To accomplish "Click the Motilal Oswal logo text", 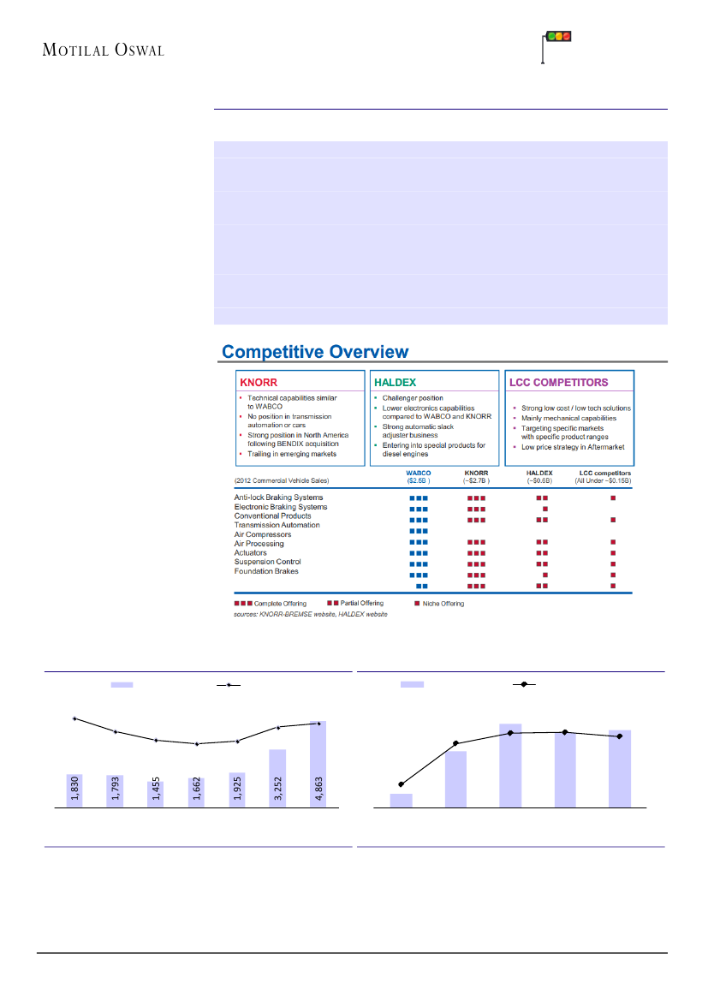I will pyautogui.click(x=103, y=50).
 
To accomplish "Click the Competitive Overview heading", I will pyautogui.click(x=315, y=351).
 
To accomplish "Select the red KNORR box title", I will pyautogui.click(x=261, y=383).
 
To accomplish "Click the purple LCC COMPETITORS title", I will pyautogui.click(x=558, y=383).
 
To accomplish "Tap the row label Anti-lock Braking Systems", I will pyautogui.click(x=278, y=498).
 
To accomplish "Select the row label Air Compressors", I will pyautogui.click(x=263, y=534).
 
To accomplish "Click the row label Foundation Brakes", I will pyautogui.click(x=266, y=571).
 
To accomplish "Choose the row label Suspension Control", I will pyautogui.click(x=267, y=562).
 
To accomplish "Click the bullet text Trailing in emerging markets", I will pyautogui.click(x=292, y=454).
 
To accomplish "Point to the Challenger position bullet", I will pyautogui.click(x=413, y=398).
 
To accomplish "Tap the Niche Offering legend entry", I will pyautogui.click(x=441, y=604).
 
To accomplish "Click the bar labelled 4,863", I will pyautogui.click(x=318, y=765).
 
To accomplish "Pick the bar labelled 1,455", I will pyautogui.click(x=156, y=792).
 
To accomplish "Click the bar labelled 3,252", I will pyautogui.click(x=277, y=778).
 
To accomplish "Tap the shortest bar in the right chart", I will pyautogui.click(x=401, y=801).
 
